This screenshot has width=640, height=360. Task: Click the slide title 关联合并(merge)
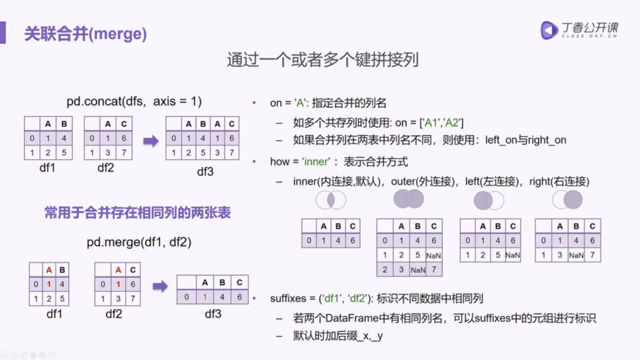(85, 33)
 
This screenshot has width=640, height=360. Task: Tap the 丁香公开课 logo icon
(549, 30)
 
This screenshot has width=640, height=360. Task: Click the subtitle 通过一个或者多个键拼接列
(322, 60)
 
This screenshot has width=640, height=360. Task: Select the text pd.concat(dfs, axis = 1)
(134, 102)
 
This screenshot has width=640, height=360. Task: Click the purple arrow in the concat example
(151, 141)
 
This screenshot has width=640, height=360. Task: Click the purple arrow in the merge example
(160, 286)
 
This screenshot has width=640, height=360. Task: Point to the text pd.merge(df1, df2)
(139, 242)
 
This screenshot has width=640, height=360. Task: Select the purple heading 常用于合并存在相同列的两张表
(138, 213)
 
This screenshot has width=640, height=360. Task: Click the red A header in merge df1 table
(49, 270)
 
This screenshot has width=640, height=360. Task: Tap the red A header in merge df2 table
(118, 270)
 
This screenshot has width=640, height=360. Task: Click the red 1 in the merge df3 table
(205, 297)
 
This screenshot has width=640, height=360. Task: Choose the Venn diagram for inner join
(330, 199)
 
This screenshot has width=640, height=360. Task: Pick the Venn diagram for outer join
(408, 199)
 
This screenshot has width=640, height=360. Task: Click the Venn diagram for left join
(488, 200)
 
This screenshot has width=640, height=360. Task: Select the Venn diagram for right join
(568, 199)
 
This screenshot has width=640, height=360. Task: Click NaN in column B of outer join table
(417, 270)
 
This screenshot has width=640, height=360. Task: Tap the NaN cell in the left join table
(512, 255)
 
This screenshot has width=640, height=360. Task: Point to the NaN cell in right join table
(576, 255)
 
